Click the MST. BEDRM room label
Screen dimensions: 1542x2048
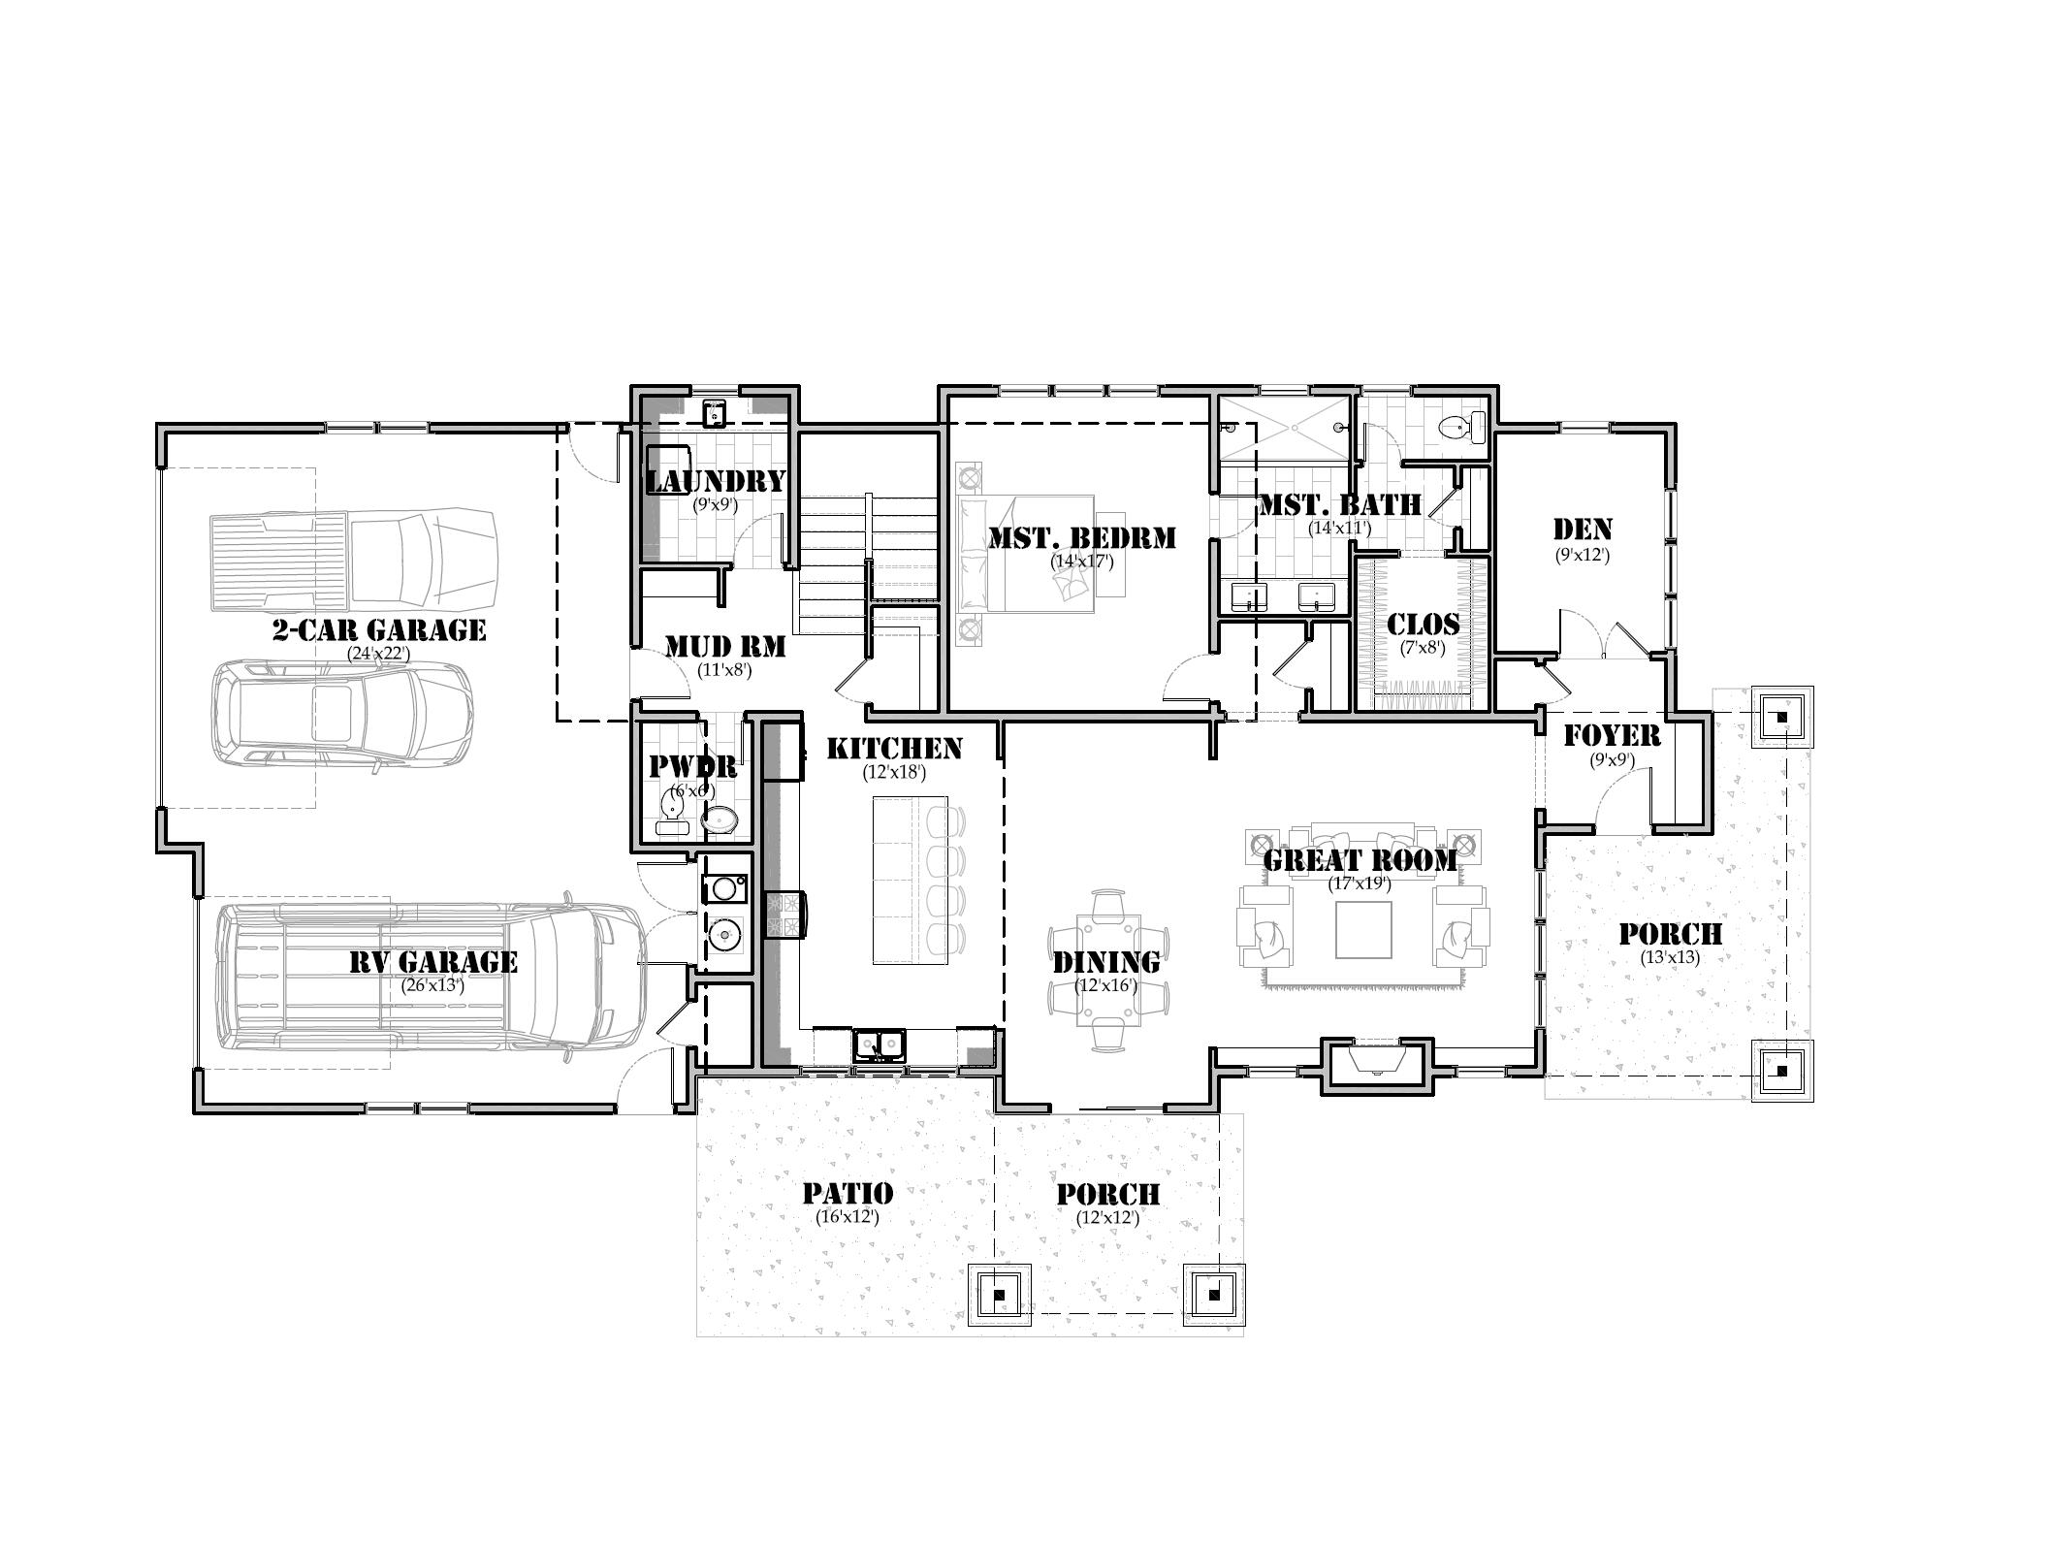[1081, 537]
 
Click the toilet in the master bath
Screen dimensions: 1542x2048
[1460, 427]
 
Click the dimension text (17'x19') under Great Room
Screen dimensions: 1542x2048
[1360, 883]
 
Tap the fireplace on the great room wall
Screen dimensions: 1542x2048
[1376, 1065]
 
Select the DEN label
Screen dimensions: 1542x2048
[1583, 530]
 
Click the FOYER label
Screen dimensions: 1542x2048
[1612, 736]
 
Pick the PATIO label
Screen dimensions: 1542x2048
[848, 1193]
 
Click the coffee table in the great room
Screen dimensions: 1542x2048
[1363, 930]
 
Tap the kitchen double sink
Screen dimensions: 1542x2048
[880, 1045]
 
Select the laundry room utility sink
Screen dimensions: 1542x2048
[715, 413]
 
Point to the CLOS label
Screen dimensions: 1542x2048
[1423, 625]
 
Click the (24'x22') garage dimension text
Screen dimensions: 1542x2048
[379, 654]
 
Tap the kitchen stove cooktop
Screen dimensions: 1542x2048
[785, 915]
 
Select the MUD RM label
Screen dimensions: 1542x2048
[724, 646]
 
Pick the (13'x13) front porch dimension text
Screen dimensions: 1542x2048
[1670, 957]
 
